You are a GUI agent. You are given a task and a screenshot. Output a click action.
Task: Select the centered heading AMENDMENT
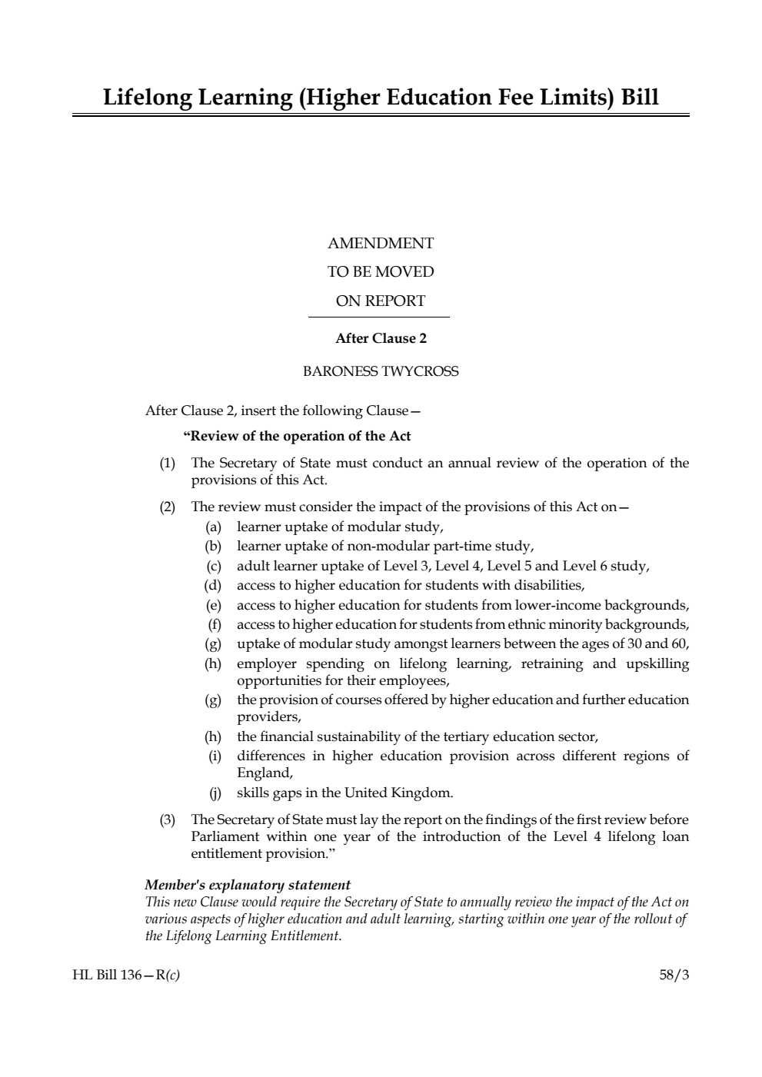[x=381, y=244]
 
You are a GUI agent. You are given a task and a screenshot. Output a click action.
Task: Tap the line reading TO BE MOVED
[x=381, y=272]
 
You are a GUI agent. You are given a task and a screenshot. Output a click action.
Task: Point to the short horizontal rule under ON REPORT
[x=378, y=317]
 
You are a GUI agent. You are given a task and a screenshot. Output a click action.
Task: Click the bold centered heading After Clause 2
[x=381, y=338]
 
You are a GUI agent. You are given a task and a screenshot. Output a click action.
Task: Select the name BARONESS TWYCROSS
[x=381, y=371]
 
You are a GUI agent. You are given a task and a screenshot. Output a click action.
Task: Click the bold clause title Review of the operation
[x=298, y=437]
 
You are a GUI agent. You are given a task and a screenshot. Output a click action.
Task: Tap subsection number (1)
[x=167, y=464]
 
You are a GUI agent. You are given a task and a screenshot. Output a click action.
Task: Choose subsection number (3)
[x=167, y=820]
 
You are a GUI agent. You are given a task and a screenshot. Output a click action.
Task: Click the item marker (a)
[x=213, y=527]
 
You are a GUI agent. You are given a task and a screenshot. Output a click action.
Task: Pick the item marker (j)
[x=215, y=793]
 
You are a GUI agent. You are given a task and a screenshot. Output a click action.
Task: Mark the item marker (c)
[x=213, y=567]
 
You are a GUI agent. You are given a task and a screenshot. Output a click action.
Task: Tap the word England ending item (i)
[x=264, y=773]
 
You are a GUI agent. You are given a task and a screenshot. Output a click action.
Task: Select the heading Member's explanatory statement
[x=248, y=885]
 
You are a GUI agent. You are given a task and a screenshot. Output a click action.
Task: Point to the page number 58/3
[x=674, y=976]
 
